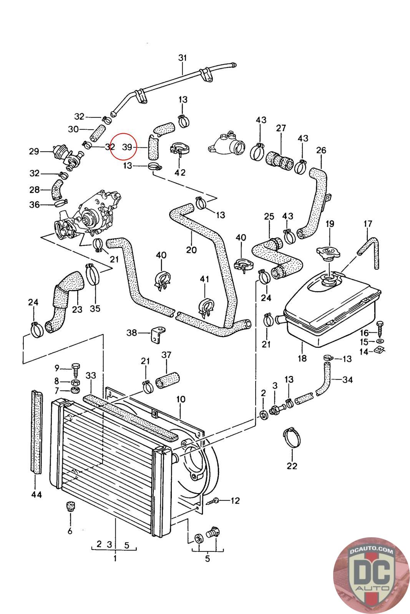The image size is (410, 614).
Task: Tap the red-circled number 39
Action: (127, 147)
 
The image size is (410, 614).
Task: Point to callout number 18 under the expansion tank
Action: (302, 358)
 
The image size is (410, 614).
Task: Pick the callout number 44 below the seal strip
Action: (37, 495)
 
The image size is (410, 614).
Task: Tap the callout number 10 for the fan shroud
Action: (181, 399)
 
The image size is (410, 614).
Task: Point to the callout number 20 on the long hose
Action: (191, 250)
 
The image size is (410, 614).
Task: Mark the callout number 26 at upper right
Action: (321, 150)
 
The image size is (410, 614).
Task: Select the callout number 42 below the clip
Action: (180, 172)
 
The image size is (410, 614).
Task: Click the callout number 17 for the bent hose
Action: (367, 223)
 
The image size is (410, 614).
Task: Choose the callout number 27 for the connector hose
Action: (281, 128)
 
